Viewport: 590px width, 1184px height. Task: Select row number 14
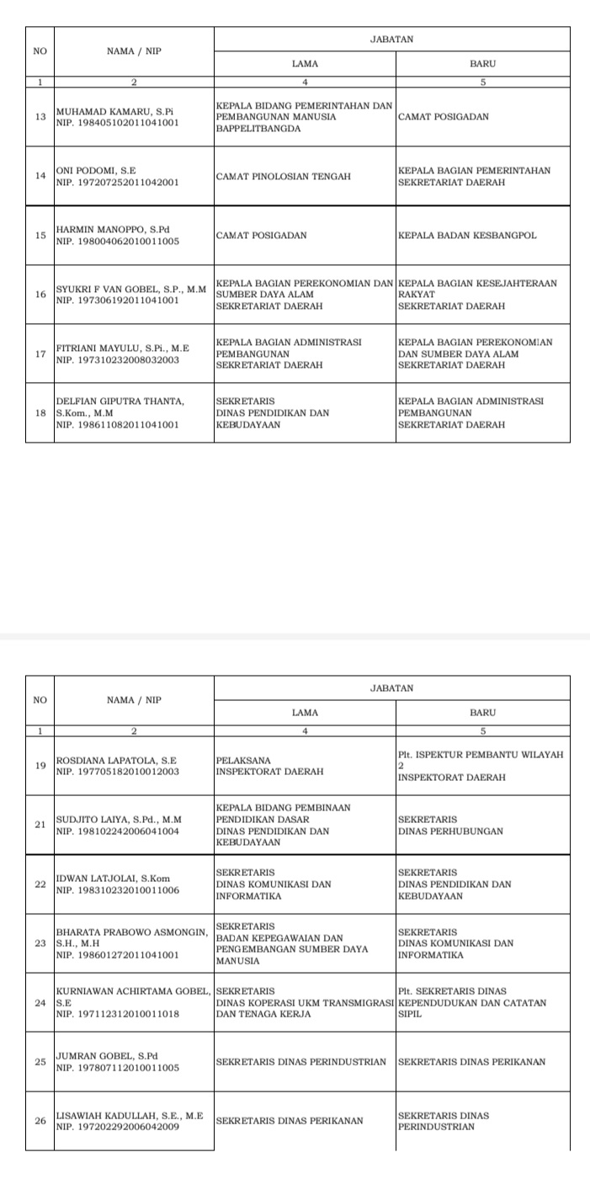coord(40,176)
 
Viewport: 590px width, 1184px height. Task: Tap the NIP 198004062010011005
coord(117,241)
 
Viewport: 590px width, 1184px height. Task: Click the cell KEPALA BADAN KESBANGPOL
coord(467,235)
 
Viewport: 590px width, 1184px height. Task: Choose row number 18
coord(40,412)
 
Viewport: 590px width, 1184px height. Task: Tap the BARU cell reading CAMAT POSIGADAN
coord(443,117)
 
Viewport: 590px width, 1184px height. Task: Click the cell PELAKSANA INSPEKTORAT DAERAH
coord(261,765)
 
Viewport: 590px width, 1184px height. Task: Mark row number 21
coord(40,825)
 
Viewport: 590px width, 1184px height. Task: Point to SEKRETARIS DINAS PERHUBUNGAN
coord(450,825)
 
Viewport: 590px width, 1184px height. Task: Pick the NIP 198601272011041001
coord(117,955)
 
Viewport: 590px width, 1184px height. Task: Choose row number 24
coord(40,1002)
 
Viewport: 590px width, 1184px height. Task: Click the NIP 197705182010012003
coord(117,771)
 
